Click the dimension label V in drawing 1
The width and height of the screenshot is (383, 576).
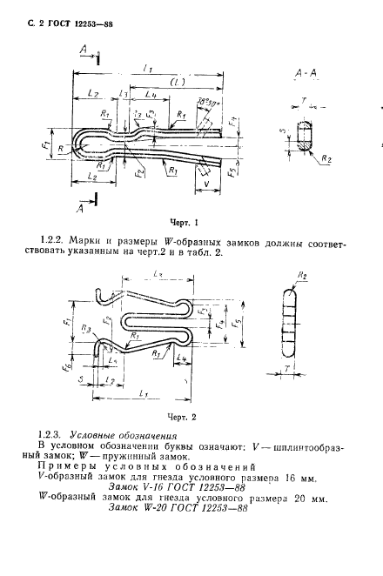tap(205, 184)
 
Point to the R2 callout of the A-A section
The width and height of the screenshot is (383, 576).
tap(325, 161)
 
